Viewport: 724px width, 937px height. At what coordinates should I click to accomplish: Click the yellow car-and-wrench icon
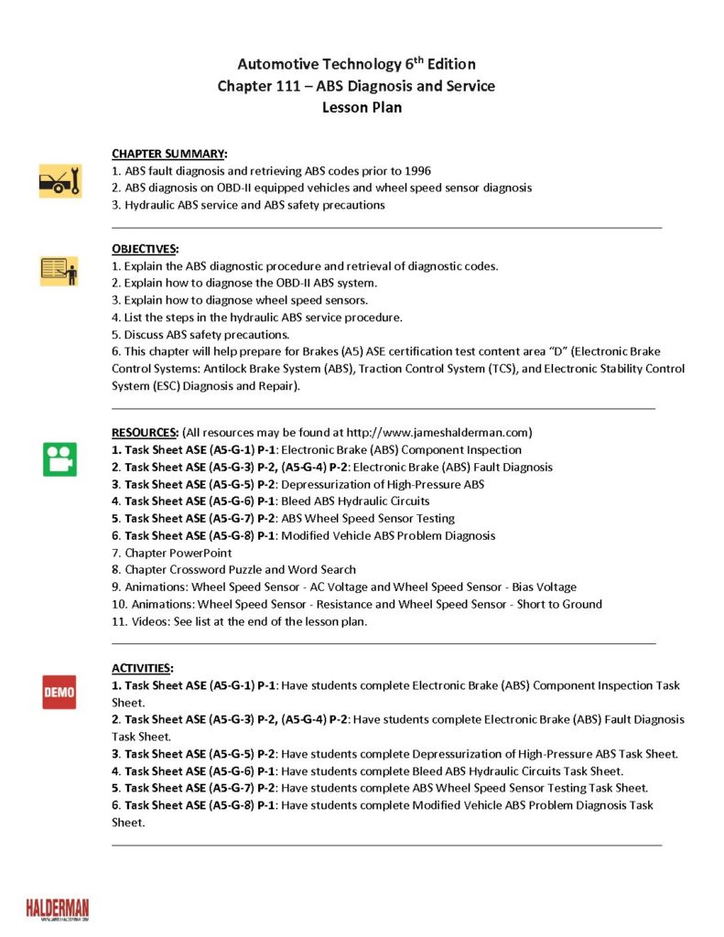60,180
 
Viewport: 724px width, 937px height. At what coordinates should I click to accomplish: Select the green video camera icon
60,459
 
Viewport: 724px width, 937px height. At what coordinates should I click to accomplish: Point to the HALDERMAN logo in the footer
58,909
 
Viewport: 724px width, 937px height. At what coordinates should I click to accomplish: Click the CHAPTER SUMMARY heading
169,154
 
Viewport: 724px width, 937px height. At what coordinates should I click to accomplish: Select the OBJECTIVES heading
146,249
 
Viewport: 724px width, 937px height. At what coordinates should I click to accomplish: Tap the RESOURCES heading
145,432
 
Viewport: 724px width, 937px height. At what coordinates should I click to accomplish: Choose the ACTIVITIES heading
142,668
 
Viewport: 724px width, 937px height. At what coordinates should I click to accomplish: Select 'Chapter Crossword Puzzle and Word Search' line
233,569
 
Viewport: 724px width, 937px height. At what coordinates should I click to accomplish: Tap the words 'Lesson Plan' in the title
362,107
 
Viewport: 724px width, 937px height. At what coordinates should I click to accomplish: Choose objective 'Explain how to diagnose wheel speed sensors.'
239,300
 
